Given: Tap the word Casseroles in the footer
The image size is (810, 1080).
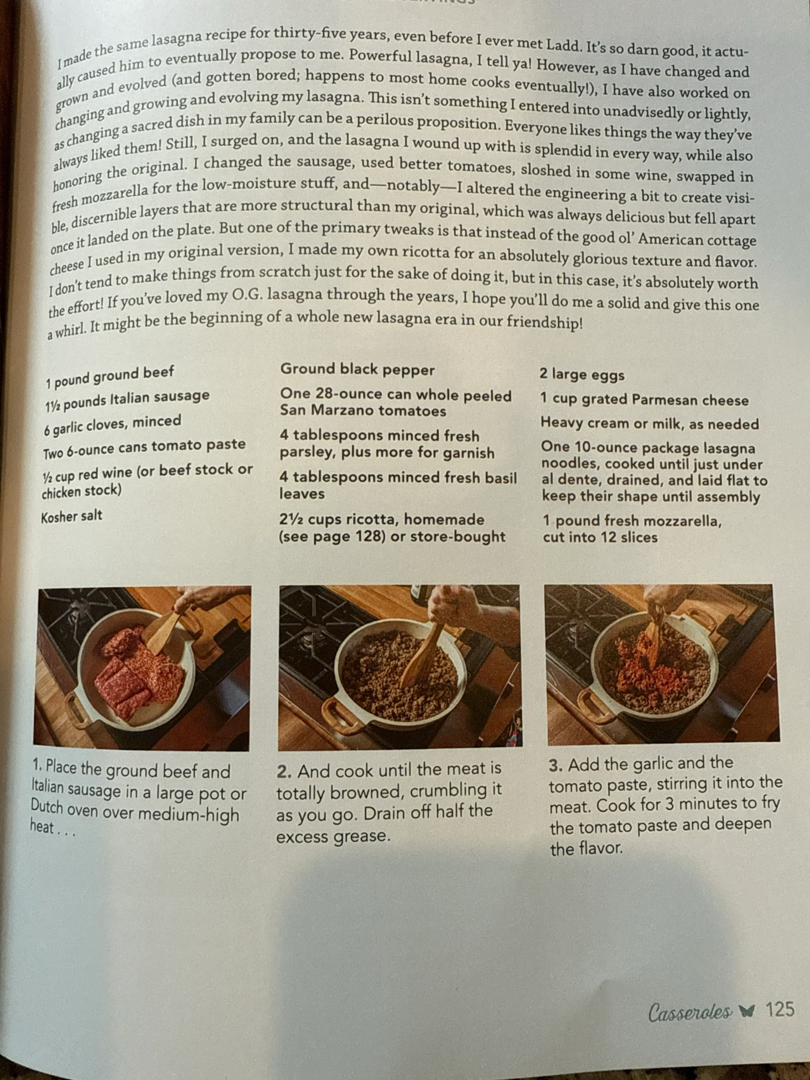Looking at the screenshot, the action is [690, 1012].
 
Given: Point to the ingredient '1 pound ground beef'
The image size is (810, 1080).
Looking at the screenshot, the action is [110, 377].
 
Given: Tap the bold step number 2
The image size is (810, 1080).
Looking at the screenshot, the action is [284, 772].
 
